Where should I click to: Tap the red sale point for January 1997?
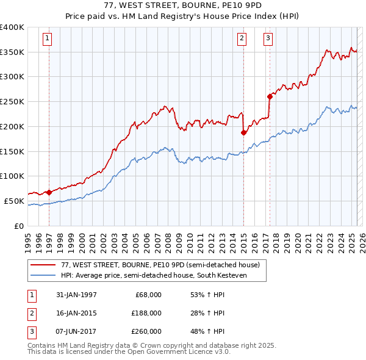pos(49,192)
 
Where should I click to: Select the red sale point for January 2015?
pos(243,132)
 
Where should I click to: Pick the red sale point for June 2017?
pos(269,96)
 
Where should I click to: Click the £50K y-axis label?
pos(14,201)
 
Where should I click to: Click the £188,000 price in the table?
pos(147,313)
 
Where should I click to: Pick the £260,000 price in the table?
pos(147,331)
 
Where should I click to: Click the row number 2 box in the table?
pos(30,313)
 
